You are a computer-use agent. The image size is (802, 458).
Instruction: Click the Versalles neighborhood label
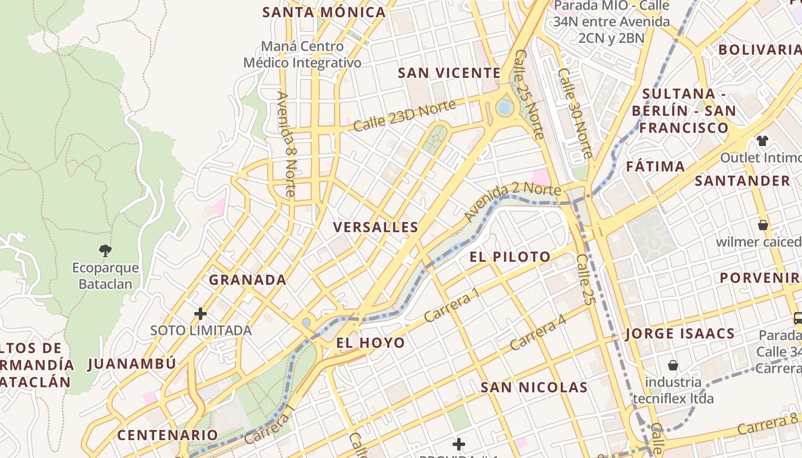tap(376, 227)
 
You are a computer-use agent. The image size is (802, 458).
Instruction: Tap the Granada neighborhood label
tap(247, 280)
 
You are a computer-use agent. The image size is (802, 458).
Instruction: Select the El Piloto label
tap(510, 257)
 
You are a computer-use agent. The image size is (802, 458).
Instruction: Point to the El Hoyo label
tap(370, 343)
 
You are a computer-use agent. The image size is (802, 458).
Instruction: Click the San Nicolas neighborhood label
tap(534, 388)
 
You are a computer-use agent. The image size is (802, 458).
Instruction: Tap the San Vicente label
tap(449, 73)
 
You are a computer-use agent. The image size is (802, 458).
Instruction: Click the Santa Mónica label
tap(324, 13)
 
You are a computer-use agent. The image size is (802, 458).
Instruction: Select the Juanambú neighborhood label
tap(132, 364)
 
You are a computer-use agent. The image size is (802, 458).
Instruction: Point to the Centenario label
tap(168, 435)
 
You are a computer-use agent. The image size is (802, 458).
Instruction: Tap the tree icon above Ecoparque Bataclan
tap(105, 250)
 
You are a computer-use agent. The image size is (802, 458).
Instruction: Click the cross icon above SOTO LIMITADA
tap(200, 314)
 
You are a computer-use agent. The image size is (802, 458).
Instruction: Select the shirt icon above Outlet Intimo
tap(762, 140)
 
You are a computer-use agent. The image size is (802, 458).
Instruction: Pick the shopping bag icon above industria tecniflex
tap(673, 365)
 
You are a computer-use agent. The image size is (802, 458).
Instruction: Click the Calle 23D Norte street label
tap(404, 115)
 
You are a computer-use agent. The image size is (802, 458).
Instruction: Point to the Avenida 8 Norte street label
tap(286, 144)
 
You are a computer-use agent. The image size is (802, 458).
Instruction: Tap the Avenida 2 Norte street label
tap(505, 201)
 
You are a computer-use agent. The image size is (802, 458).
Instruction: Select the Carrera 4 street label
tap(538, 333)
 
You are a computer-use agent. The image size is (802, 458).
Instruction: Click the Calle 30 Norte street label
tap(575, 113)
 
